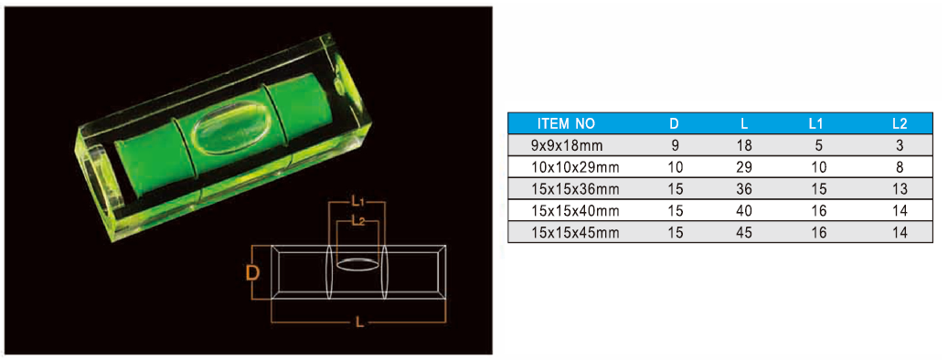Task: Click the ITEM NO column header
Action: pos(567,124)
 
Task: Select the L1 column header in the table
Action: pos(816,124)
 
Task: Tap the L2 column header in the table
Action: pos(900,124)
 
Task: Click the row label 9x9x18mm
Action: pos(558,145)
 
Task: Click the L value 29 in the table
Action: pos(744,167)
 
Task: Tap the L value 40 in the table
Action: pos(744,211)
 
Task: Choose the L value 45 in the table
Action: pos(744,233)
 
